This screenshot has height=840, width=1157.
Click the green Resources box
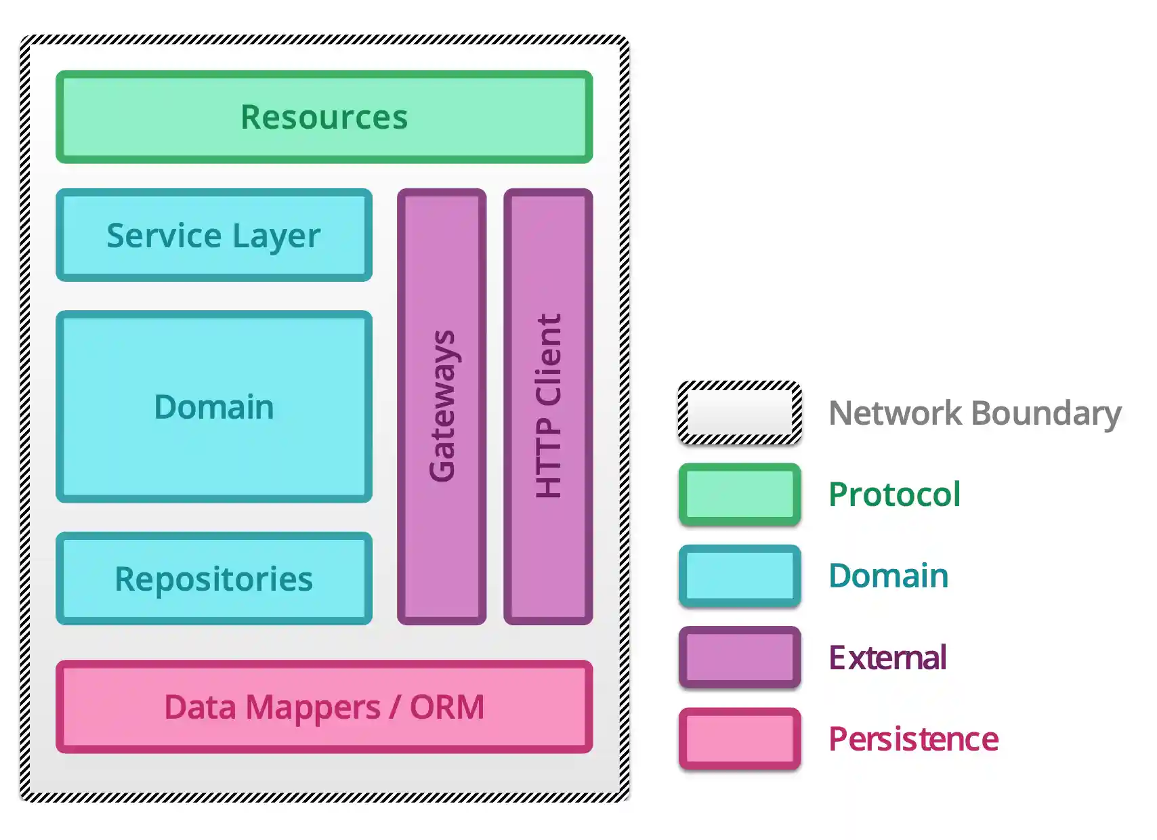(324, 117)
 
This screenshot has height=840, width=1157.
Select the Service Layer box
(214, 235)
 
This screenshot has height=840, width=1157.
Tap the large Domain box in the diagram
(214, 406)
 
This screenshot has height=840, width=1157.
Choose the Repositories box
(214, 579)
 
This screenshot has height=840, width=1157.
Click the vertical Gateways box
(442, 406)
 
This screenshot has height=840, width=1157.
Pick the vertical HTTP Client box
(548, 406)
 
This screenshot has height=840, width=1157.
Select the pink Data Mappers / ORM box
(324, 707)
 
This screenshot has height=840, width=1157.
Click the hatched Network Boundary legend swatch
(740, 413)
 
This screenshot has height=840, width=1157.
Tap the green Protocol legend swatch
(740, 495)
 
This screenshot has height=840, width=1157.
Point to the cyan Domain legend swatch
(740, 576)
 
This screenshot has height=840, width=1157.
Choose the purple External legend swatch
(740, 657)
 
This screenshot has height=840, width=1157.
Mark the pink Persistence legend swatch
(740, 738)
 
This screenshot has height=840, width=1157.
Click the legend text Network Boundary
(975, 413)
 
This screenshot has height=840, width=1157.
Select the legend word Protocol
(894, 495)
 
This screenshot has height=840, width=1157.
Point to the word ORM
(447, 707)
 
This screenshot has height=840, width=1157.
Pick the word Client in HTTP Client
(548, 359)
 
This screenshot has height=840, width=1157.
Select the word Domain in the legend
(888, 576)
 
